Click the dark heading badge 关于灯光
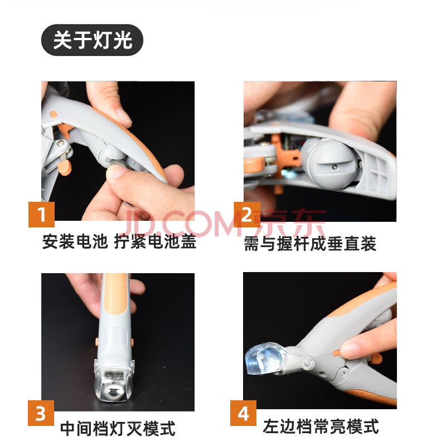tap(92, 40)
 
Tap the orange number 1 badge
tap(41, 215)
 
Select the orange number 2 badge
tap(247, 215)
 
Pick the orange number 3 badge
tap(41, 413)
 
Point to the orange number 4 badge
tap(243, 413)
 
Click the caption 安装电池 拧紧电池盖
tap(119, 242)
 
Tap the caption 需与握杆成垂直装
tap(310, 244)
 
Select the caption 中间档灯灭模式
tap(118, 429)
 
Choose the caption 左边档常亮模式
tap(321, 426)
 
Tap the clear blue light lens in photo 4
tap(263, 359)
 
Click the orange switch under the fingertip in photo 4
tap(336, 353)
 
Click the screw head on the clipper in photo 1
tap(60, 143)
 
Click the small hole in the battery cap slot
tap(335, 166)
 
